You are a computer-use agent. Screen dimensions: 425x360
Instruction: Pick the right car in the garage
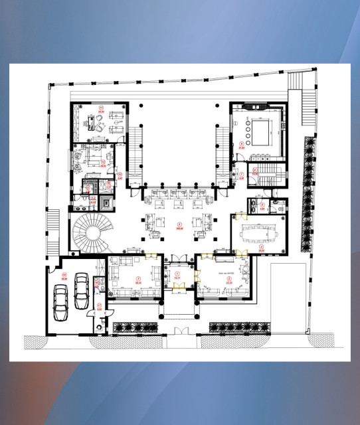coord(81,287)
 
